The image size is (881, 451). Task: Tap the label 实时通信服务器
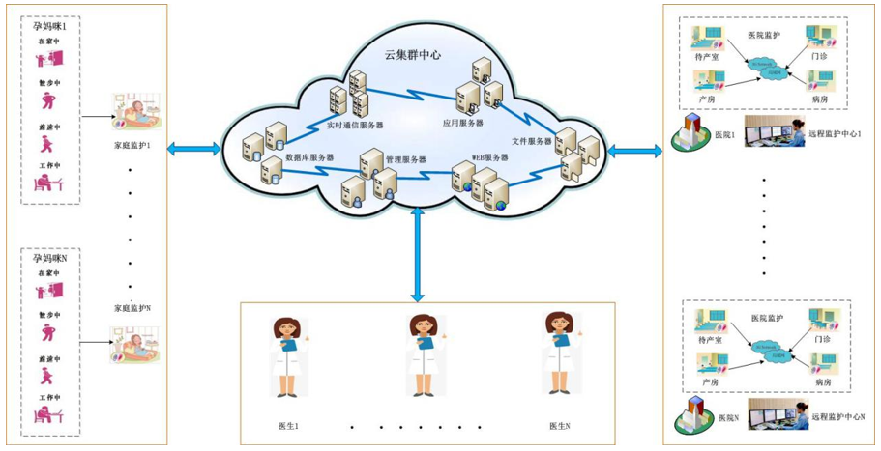[355, 126]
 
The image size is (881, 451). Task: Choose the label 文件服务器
[531, 141]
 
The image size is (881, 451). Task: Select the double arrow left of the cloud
[195, 149]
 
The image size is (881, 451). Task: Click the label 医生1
[288, 426]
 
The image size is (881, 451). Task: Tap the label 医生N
[560, 426]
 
